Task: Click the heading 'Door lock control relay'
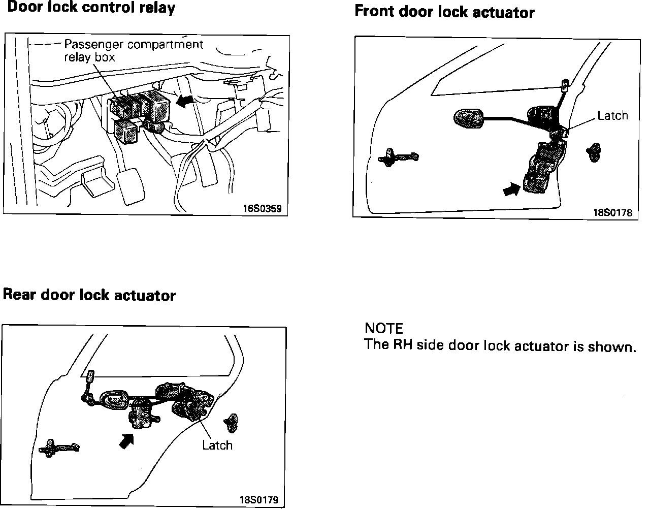(91, 8)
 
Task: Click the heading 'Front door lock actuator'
(444, 12)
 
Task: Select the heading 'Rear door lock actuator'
(89, 295)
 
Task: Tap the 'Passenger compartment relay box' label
(133, 50)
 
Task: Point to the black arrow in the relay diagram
(185, 102)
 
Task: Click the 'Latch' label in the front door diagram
(612, 116)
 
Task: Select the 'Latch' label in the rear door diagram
(217, 446)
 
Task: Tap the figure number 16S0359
(262, 208)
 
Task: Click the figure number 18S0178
(613, 213)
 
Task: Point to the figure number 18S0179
(259, 499)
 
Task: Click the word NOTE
(383, 329)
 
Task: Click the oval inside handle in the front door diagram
(467, 118)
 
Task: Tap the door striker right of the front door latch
(593, 151)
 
